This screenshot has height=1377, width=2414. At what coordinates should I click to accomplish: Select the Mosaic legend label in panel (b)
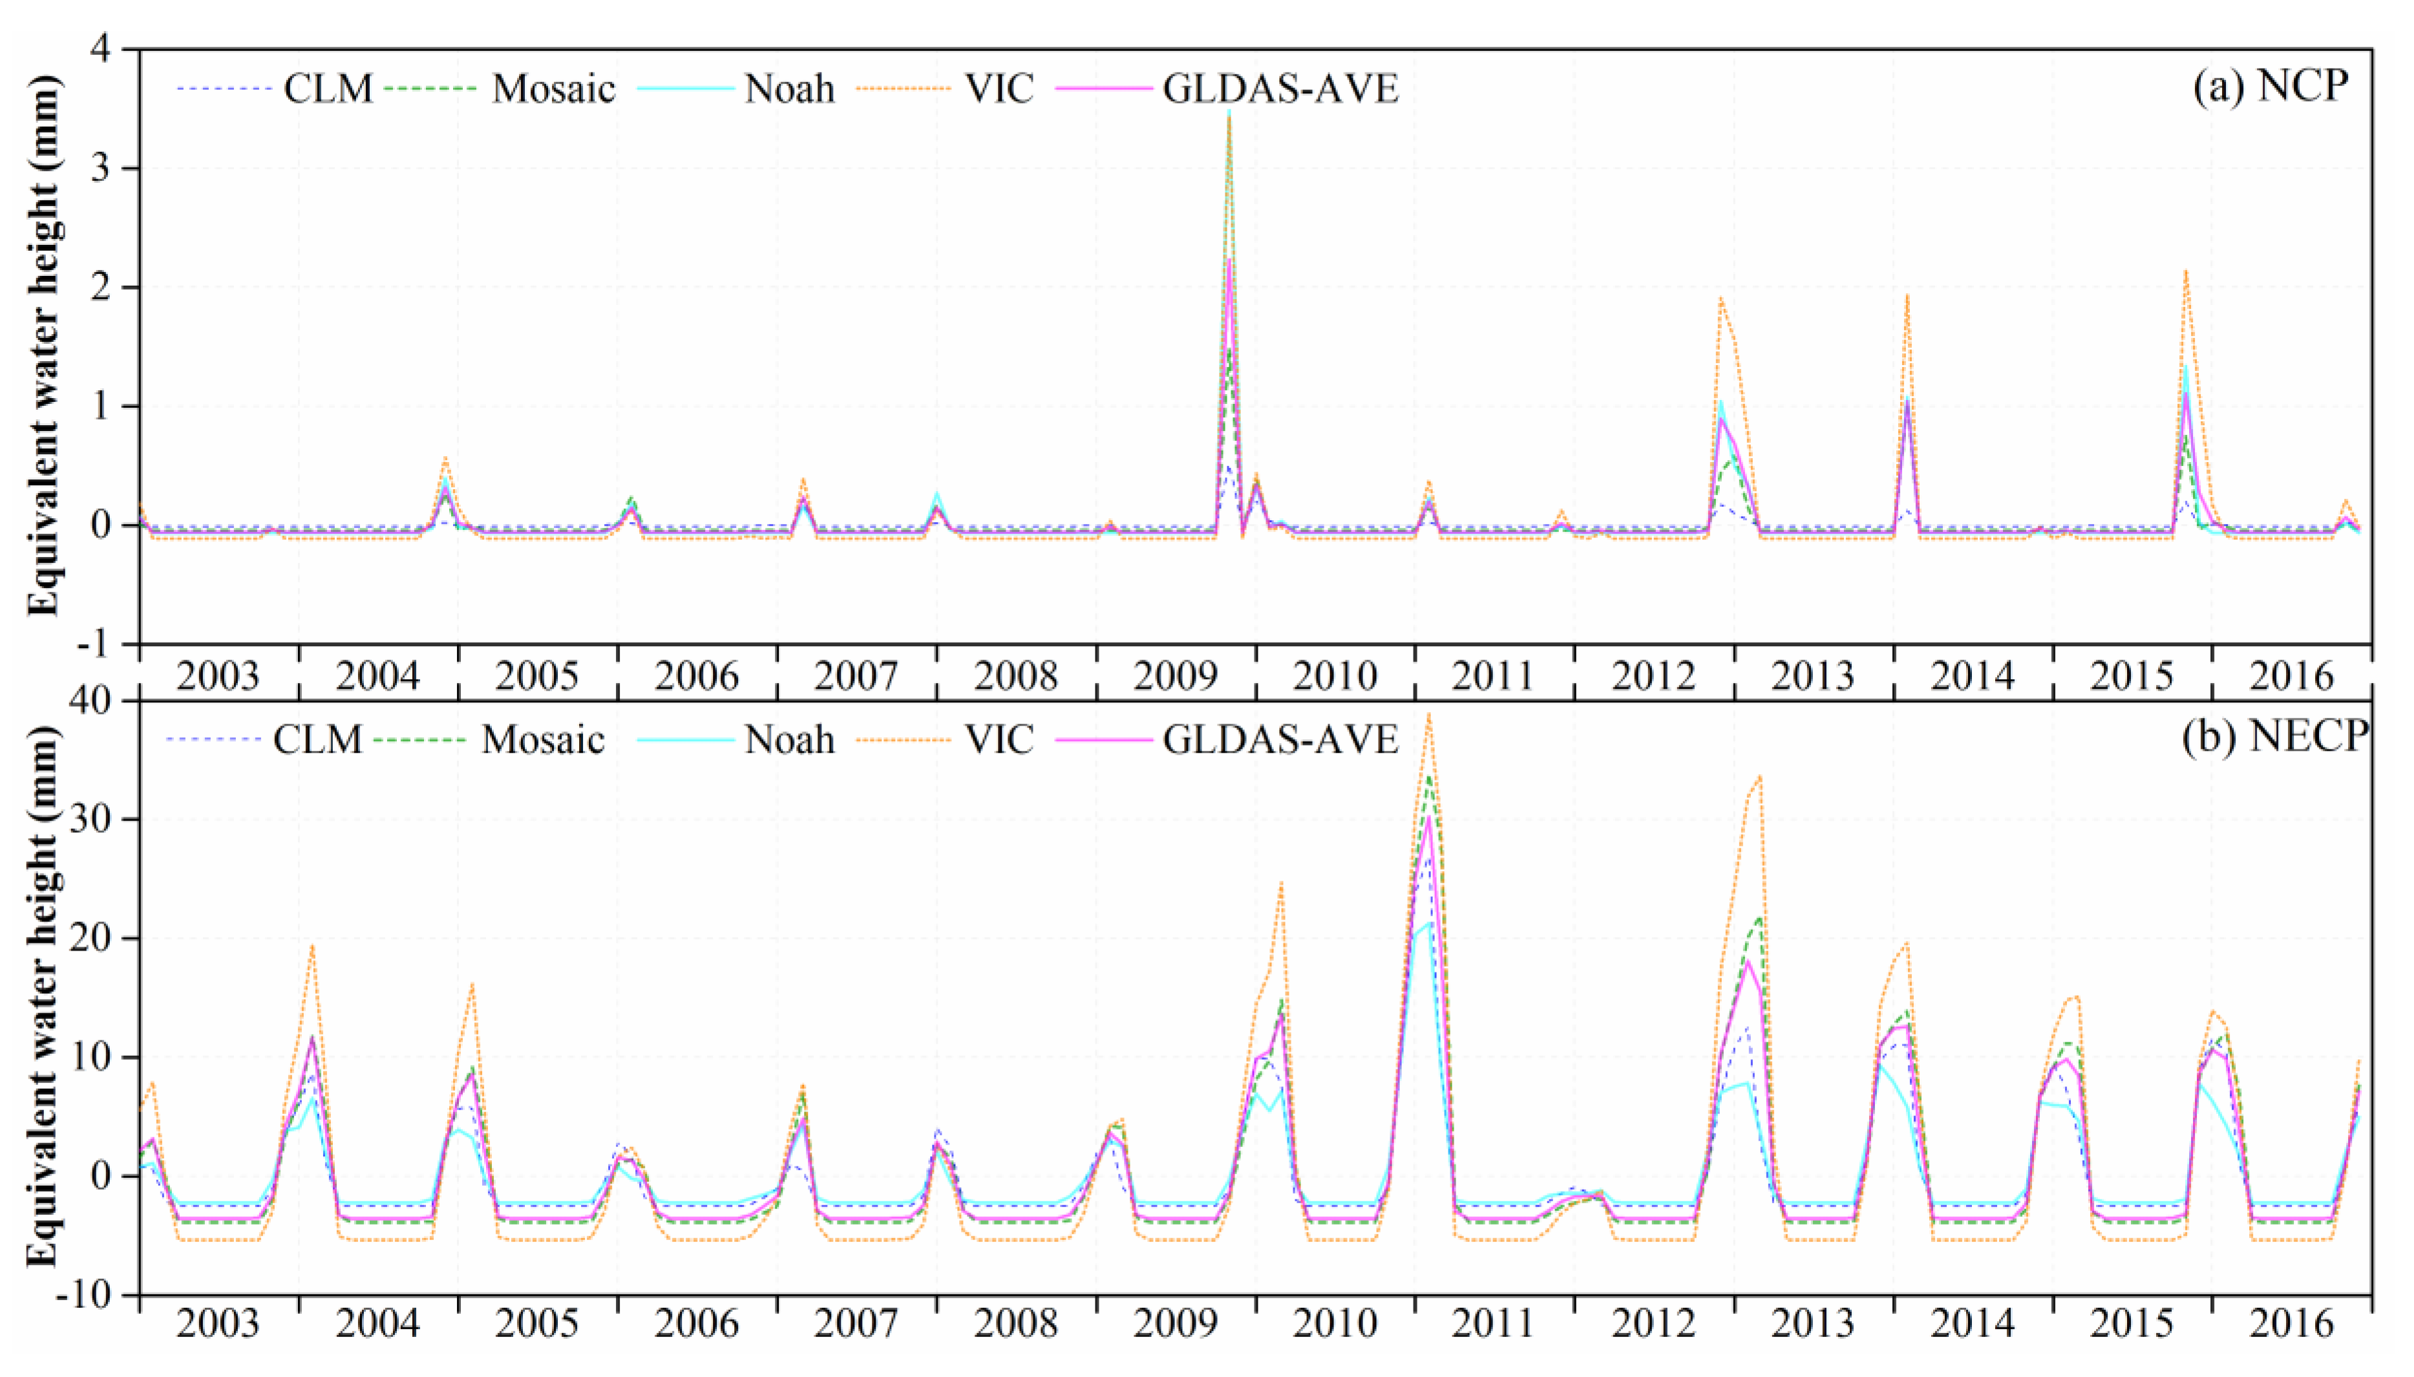[x=543, y=740]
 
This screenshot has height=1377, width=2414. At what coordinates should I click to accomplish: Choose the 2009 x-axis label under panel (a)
[x=1176, y=676]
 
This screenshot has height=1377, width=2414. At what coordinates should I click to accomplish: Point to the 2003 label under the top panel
[x=218, y=676]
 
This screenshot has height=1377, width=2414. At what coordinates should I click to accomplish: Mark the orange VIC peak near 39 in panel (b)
[x=1429, y=715]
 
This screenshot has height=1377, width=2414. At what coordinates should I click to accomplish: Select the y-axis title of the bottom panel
[x=43, y=997]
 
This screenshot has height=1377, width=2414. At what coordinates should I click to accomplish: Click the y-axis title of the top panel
[x=43, y=344]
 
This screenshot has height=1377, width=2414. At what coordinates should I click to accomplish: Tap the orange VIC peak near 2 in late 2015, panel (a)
[x=2186, y=271]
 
